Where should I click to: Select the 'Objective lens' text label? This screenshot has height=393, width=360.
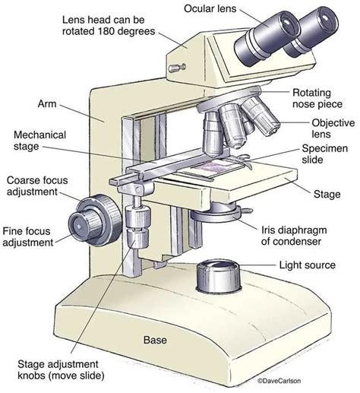tap(332, 129)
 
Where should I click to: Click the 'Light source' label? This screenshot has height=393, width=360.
tap(308, 265)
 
